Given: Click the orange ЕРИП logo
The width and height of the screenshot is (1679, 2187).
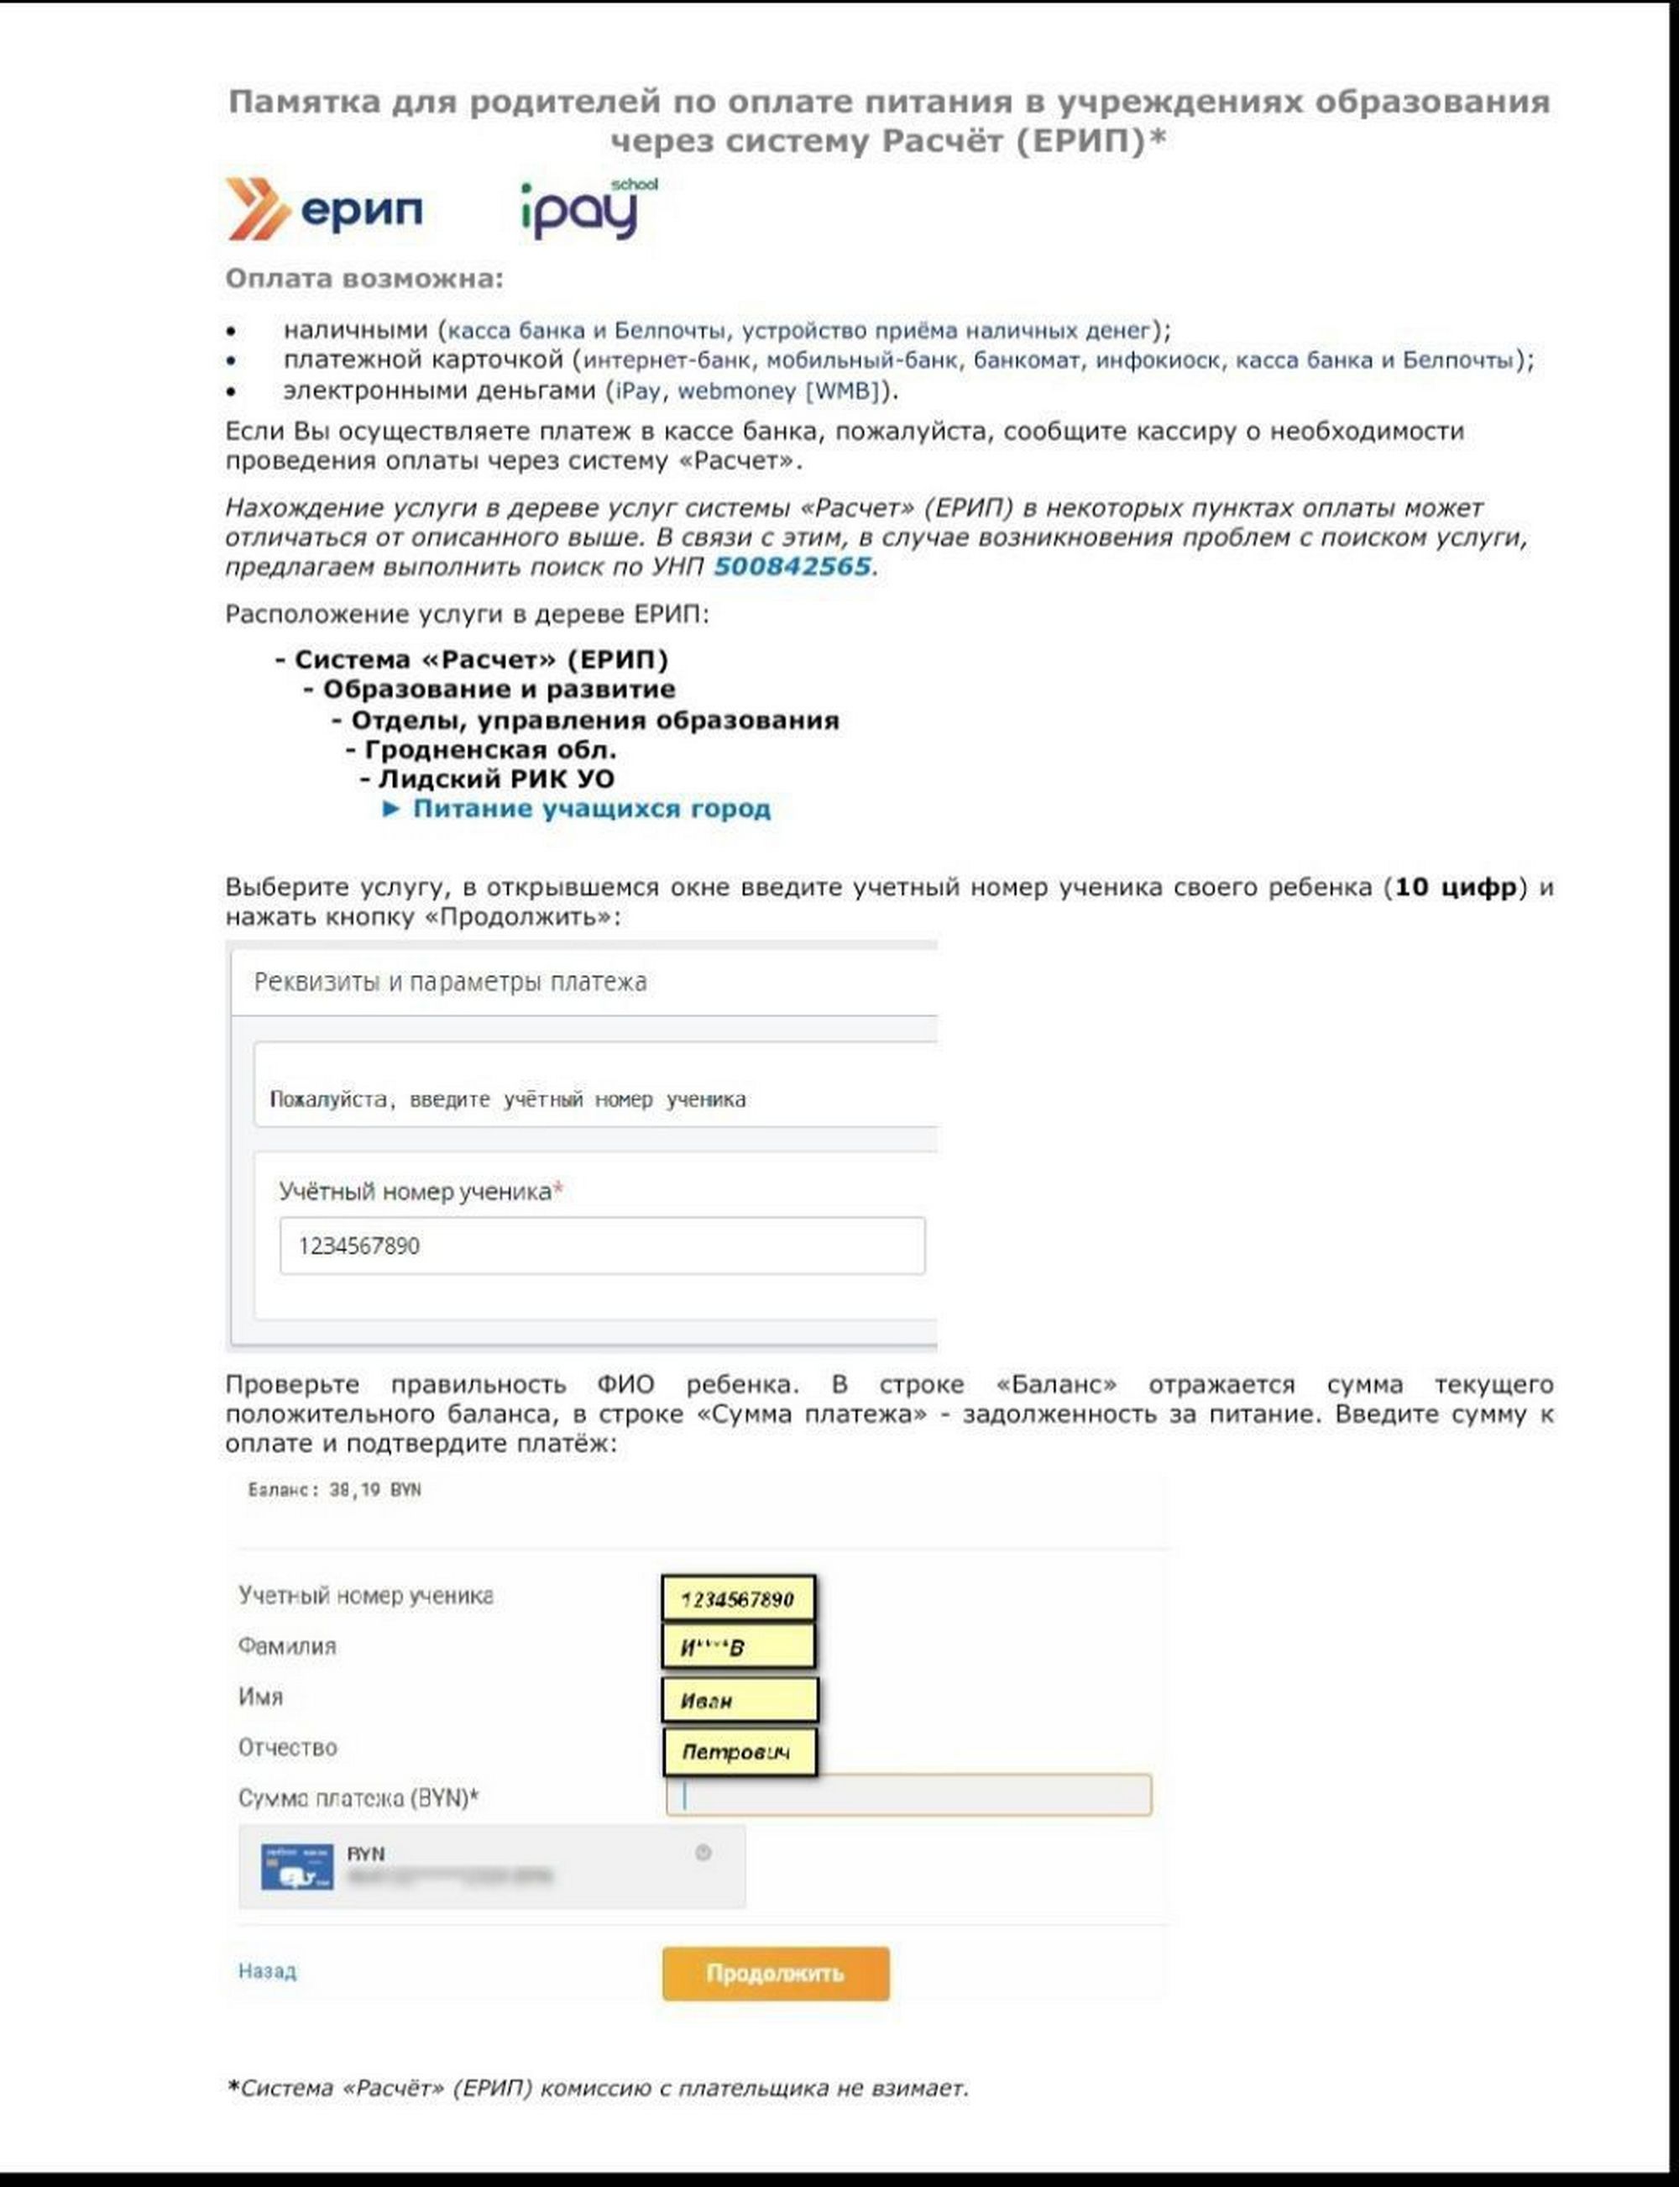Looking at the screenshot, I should tap(325, 209).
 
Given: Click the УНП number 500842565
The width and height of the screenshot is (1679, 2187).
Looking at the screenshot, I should tap(792, 567).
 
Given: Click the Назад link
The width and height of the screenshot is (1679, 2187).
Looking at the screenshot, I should tap(267, 1971).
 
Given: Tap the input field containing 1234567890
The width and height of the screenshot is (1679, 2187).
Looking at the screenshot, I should tap(602, 1246).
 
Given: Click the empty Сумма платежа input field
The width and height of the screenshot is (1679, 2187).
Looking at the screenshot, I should tap(908, 1795).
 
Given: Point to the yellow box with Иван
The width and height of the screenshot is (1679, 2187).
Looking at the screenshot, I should tap(739, 1700).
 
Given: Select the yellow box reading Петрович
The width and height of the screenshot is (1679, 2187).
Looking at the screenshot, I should tap(739, 1752).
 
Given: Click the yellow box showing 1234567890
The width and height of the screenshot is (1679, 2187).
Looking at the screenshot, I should tap(738, 1598).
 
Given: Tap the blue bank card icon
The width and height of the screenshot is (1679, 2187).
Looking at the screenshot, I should tap(297, 1867).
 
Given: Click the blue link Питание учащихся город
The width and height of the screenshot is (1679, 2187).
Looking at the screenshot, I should tap(591, 809).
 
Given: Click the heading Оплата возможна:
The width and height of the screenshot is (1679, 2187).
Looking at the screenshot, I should tap(364, 278).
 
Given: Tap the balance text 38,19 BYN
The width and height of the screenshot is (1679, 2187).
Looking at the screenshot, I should tap(374, 1489).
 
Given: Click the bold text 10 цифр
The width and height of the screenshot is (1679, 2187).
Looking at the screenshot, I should tap(1455, 887).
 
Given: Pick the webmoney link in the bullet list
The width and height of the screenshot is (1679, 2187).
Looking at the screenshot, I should tap(736, 390).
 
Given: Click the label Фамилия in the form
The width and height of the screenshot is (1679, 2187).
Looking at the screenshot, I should tap(287, 1646).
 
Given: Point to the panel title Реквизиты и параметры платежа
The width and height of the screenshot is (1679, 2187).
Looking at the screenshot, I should tap(450, 982).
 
